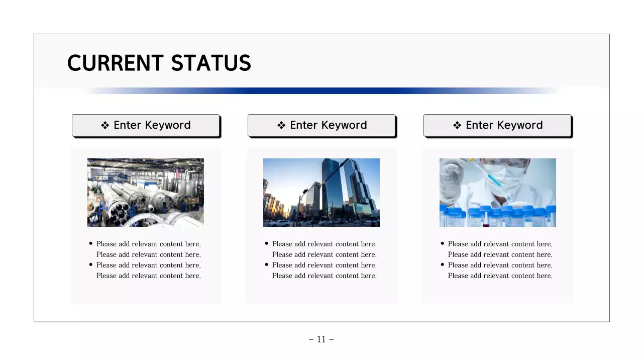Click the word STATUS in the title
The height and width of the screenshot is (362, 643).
click(211, 63)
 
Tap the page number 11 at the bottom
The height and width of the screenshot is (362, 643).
click(321, 339)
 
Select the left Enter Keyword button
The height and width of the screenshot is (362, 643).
click(146, 125)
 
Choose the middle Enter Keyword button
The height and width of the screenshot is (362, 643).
click(321, 125)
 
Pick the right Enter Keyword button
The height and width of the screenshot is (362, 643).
click(497, 125)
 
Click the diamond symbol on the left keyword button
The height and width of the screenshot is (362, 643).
click(105, 126)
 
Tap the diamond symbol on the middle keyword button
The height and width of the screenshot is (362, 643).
click(281, 126)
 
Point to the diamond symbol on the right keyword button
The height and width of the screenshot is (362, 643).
click(457, 126)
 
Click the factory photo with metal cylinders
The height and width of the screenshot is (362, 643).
click(146, 193)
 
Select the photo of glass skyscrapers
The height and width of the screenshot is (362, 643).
click(321, 193)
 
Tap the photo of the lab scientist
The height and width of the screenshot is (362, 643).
click(497, 193)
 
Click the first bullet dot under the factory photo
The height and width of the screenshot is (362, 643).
click(91, 243)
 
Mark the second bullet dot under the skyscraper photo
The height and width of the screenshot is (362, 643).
click(267, 264)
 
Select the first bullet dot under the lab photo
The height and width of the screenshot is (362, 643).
click(443, 243)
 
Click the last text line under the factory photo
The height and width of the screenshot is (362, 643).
click(148, 276)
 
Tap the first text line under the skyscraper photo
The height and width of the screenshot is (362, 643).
click(324, 244)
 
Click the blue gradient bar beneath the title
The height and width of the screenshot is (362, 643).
click(321, 91)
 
